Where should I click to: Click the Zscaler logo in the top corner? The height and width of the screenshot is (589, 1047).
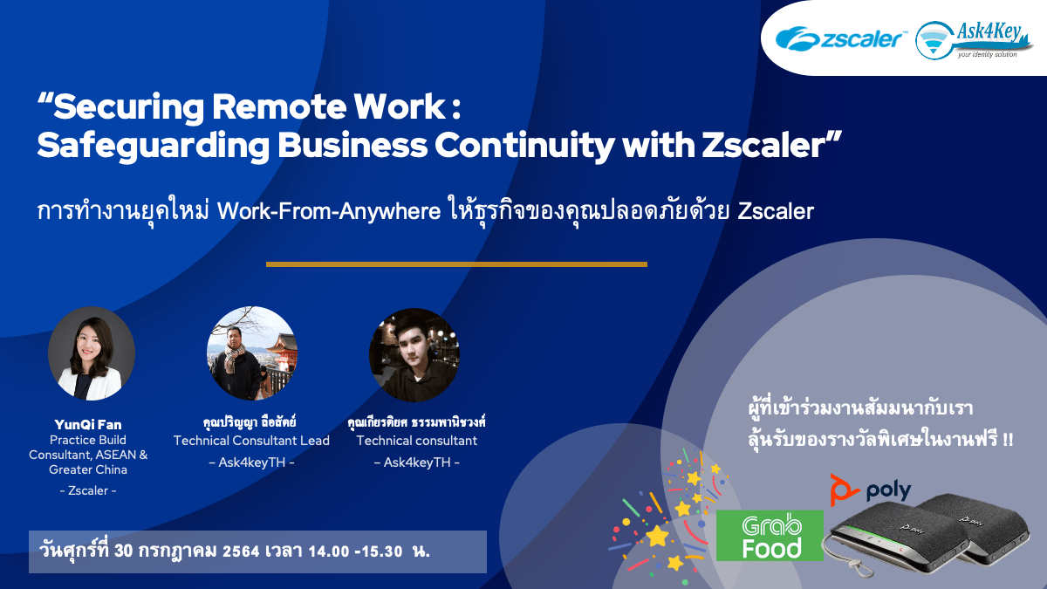pos(840,38)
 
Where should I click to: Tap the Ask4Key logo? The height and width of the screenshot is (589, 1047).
pos(974,40)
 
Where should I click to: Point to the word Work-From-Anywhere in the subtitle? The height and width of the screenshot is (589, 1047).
pos(329,211)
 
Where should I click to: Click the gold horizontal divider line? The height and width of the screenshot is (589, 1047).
pos(456,264)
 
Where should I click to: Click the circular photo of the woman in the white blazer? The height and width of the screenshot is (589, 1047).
pos(92,353)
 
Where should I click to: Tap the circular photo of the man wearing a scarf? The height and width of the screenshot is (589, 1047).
pos(252,353)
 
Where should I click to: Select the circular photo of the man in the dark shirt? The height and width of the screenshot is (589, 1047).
pos(414,355)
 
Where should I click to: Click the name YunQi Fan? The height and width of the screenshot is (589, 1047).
pos(88,424)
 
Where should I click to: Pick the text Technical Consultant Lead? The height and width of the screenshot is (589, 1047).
pos(251,441)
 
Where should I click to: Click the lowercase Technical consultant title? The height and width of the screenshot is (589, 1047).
pos(416,441)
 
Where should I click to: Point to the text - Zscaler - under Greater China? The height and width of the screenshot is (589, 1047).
pos(88,490)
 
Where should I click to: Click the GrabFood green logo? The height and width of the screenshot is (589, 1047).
pos(770,536)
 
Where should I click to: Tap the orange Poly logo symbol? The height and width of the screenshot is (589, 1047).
pos(843,490)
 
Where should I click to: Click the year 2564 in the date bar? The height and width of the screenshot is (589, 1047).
pos(241,551)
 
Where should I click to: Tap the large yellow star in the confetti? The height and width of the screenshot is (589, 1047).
pos(658,535)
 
